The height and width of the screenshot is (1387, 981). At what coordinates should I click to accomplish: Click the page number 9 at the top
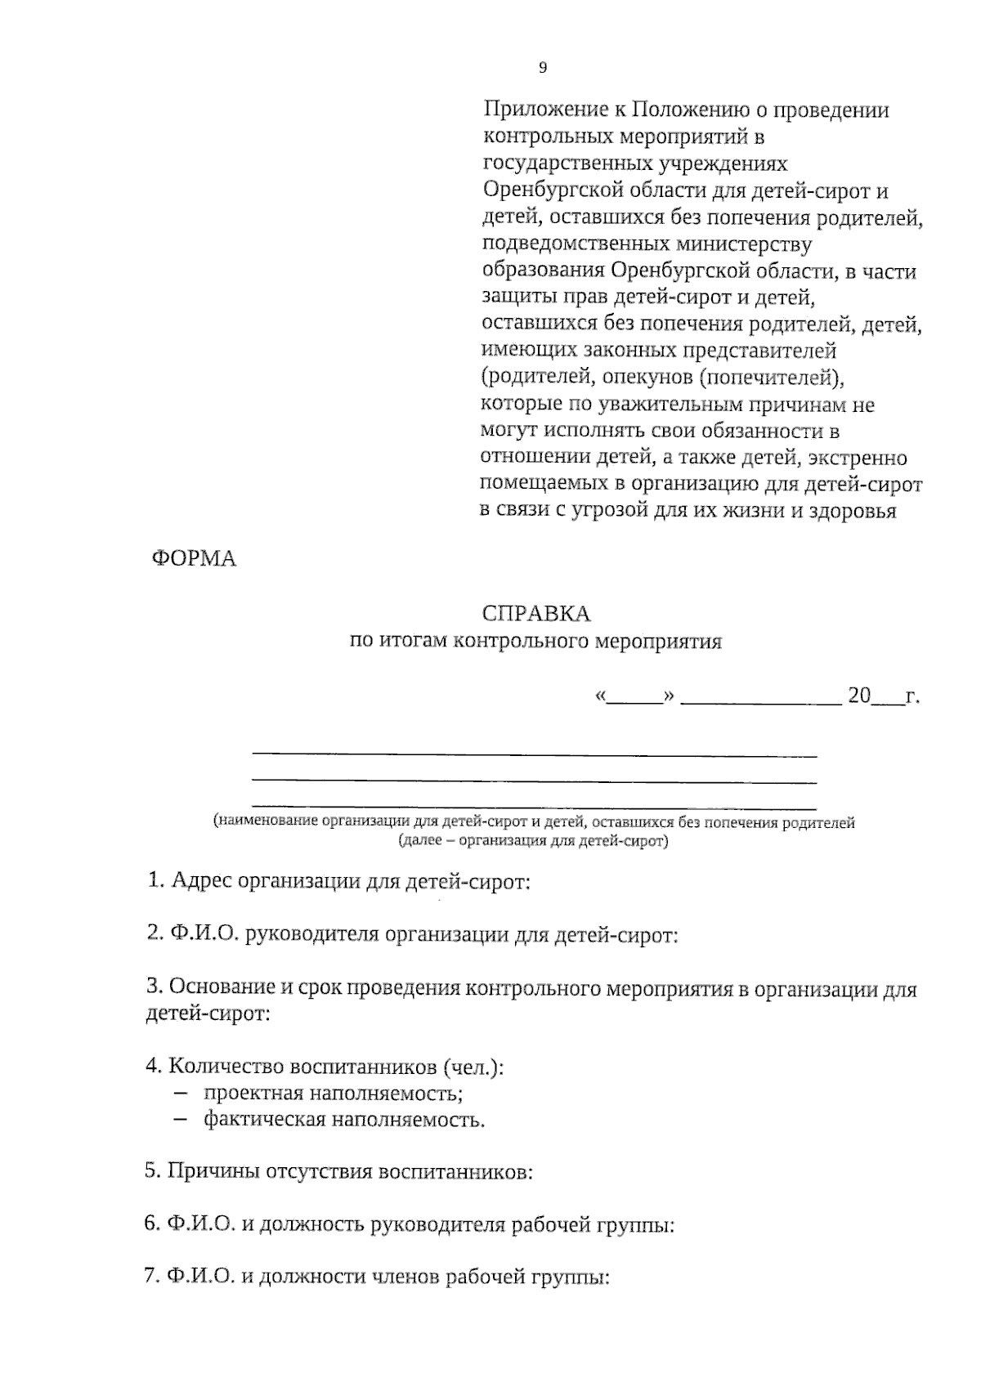[543, 69]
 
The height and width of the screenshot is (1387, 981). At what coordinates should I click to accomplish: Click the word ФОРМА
[194, 560]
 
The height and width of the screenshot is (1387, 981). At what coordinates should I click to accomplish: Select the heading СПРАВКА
[536, 614]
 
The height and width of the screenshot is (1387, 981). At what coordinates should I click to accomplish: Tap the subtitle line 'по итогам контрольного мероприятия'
[536, 642]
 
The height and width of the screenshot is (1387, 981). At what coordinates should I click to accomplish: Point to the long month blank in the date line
[760, 699]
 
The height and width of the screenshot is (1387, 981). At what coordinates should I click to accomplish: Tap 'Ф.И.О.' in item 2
[203, 935]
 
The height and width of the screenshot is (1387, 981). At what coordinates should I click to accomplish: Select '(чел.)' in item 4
[473, 1067]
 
